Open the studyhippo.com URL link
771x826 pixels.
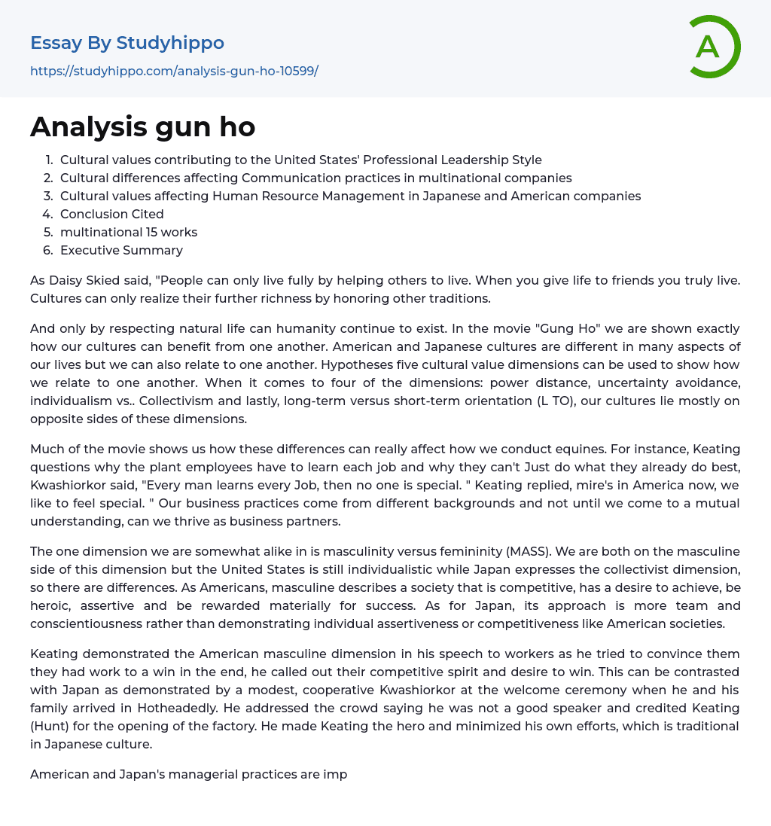pyautogui.click(x=174, y=71)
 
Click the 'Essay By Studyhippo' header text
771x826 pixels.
pyautogui.click(x=127, y=43)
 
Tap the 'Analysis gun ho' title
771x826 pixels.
pyautogui.click(x=143, y=126)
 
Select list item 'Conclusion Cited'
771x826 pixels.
pyautogui.click(x=111, y=214)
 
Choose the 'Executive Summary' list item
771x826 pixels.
pyautogui.click(x=121, y=250)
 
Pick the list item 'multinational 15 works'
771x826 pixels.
pyautogui.click(x=129, y=232)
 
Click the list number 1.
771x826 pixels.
pyautogui.click(x=49, y=160)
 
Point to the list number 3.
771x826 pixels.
pyautogui.click(x=48, y=196)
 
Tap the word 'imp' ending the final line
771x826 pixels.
pyautogui.click(x=336, y=773)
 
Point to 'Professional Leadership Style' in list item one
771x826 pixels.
pyautogui.click(x=453, y=160)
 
